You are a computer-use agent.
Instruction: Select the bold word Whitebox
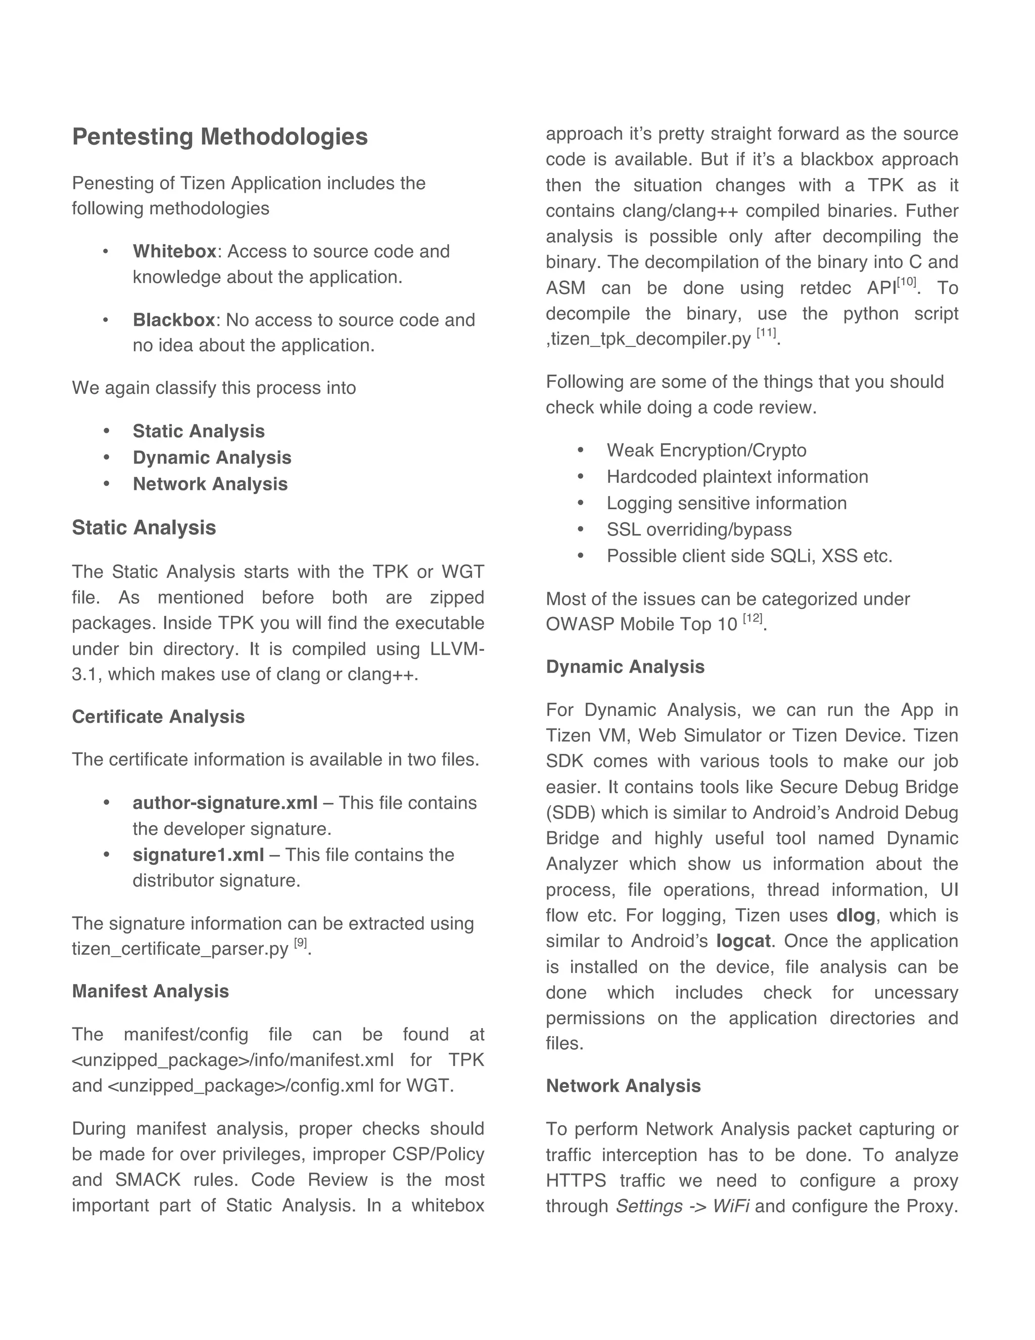pyautogui.click(x=174, y=251)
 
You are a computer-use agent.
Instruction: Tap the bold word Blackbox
pyautogui.click(x=173, y=320)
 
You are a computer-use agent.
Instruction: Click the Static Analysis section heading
pyautogui.click(x=144, y=527)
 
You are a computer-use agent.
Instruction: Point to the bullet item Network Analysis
pyautogui.click(x=210, y=484)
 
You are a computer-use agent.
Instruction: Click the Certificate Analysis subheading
pyautogui.click(x=158, y=717)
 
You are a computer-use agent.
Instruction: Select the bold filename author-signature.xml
pyautogui.click(x=225, y=802)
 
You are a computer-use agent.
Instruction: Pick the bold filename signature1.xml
pyautogui.click(x=198, y=855)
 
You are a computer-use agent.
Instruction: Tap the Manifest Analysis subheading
pyautogui.click(x=150, y=992)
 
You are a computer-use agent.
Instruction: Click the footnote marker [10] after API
pyautogui.click(x=906, y=282)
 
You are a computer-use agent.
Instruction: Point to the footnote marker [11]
pyautogui.click(x=766, y=333)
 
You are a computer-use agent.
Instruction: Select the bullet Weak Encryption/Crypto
pyautogui.click(x=707, y=451)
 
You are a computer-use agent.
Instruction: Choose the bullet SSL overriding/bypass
pyautogui.click(x=699, y=529)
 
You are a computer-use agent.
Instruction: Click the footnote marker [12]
pyautogui.click(x=752, y=618)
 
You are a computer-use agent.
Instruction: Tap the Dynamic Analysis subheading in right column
pyautogui.click(x=625, y=667)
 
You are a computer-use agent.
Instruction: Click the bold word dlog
pyautogui.click(x=856, y=915)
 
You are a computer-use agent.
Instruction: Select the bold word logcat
pyautogui.click(x=743, y=941)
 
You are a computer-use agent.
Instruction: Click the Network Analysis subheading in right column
pyautogui.click(x=623, y=1086)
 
